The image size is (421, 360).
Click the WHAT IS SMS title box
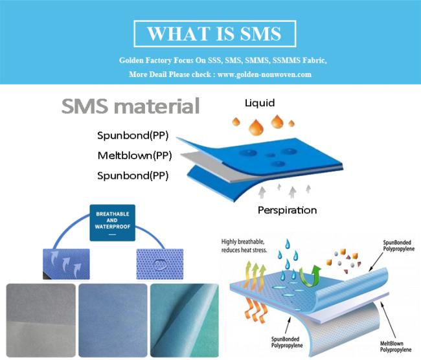pyautogui.click(x=215, y=34)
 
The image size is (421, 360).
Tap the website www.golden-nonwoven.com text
pyautogui.click(x=264, y=74)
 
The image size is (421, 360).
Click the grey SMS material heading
pyautogui.click(x=130, y=106)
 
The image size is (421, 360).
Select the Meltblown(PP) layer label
pyautogui.click(x=135, y=155)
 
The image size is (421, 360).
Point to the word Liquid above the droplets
pyautogui.click(x=260, y=103)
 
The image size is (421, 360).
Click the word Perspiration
pyautogui.click(x=288, y=210)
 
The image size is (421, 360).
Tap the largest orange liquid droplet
pyautogui.click(x=256, y=128)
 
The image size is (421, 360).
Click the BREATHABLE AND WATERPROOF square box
pyautogui.click(x=113, y=223)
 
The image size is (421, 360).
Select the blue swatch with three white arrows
pyautogui.click(x=66, y=264)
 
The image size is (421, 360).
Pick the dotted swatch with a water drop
pyautogui.click(x=160, y=264)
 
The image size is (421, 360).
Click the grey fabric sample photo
pyautogui.click(x=41, y=321)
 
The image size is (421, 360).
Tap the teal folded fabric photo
pyautogui.click(x=185, y=321)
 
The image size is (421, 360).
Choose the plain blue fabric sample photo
pyautogui.click(x=113, y=321)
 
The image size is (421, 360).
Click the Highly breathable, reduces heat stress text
pyautogui.click(x=244, y=245)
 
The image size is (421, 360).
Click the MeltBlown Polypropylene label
pyautogui.click(x=396, y=346)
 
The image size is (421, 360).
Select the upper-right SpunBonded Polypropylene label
pyautogui.click(x=399, y=245)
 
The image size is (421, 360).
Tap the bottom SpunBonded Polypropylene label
pyautogui.click(x=287, y=343)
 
